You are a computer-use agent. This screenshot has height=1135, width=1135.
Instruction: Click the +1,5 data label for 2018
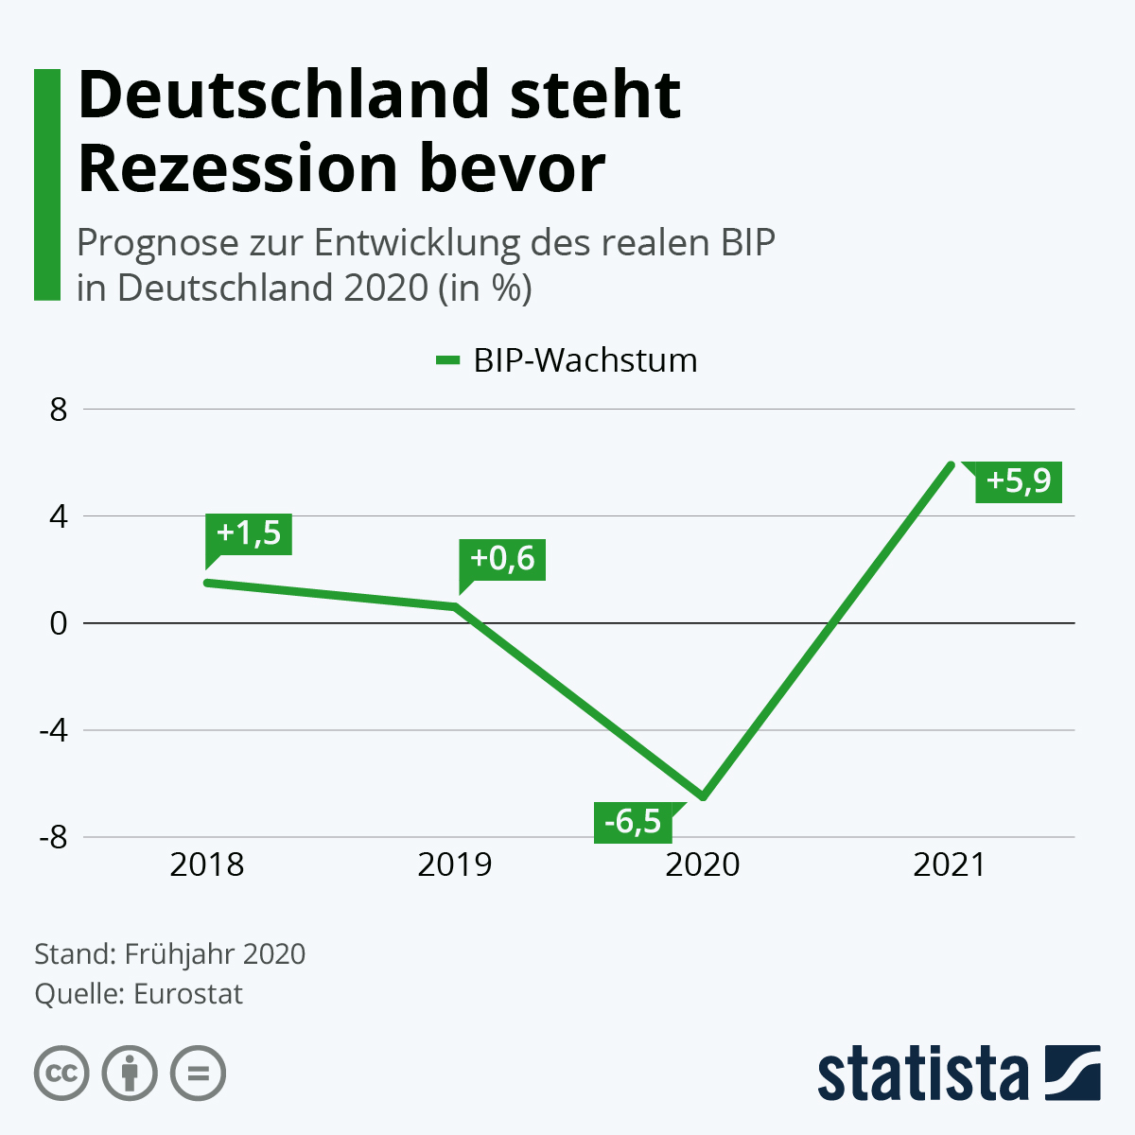pos(249,533)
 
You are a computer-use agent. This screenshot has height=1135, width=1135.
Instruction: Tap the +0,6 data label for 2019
pos(502,559)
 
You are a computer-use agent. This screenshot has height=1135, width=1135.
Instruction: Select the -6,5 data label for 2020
pos(633,822)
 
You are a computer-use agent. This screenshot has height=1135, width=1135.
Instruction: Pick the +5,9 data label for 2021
pos(1019,481)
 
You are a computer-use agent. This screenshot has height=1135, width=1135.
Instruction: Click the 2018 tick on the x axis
pos(207,864)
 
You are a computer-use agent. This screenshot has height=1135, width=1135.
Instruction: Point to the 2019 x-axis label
pos(455,864)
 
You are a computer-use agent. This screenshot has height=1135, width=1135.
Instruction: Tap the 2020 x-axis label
pos(703,864)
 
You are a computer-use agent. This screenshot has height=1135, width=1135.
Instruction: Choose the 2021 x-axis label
pos(950,864)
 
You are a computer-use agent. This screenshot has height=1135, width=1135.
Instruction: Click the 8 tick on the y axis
pos(60,410)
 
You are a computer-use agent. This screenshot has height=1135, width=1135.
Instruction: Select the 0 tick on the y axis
pos(60,624)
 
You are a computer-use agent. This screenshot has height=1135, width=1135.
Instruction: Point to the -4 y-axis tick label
pos(53,731)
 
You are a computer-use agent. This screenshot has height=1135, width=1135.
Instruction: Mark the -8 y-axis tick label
pos(53,838)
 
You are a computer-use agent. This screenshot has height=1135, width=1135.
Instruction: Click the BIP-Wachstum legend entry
pos(567,360)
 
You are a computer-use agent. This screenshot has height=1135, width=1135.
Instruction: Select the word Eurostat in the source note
pos(188,994)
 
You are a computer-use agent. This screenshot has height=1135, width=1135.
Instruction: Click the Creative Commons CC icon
pos(61,1074)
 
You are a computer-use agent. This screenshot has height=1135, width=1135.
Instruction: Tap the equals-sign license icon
pos(198,1074)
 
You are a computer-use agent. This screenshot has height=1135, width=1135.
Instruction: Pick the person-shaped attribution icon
pos(130,1074)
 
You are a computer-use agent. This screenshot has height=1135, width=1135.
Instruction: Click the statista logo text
pos(922,1074)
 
